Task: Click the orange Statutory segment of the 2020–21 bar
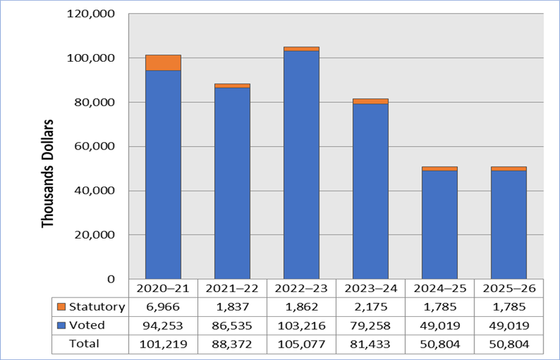[x=163, y=62]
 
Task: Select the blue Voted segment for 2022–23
[x=301, y=165]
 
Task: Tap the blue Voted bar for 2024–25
[x=439, y=224]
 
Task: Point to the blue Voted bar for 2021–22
[x=232, y=182]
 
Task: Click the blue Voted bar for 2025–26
[x=509, y=224]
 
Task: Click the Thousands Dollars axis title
[x=47, y=175]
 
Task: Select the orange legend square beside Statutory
[x=61, y=307]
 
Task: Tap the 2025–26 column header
[x=509, y=288]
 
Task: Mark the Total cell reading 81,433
[x=370, y=344]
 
